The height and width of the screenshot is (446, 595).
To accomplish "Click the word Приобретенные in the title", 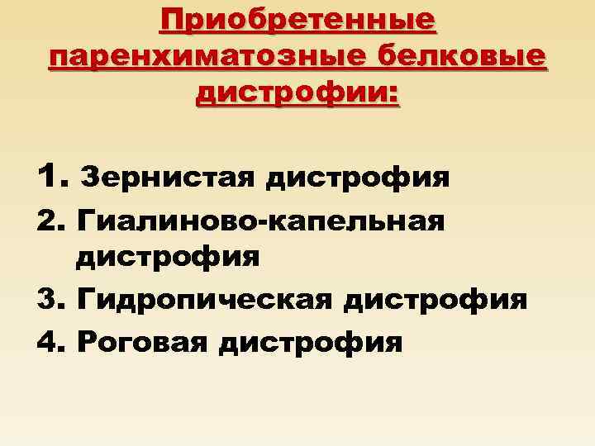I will [297, 19].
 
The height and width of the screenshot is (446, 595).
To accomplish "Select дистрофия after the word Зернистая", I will [358, 177].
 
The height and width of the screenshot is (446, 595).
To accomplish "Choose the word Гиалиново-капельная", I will [259, 220].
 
